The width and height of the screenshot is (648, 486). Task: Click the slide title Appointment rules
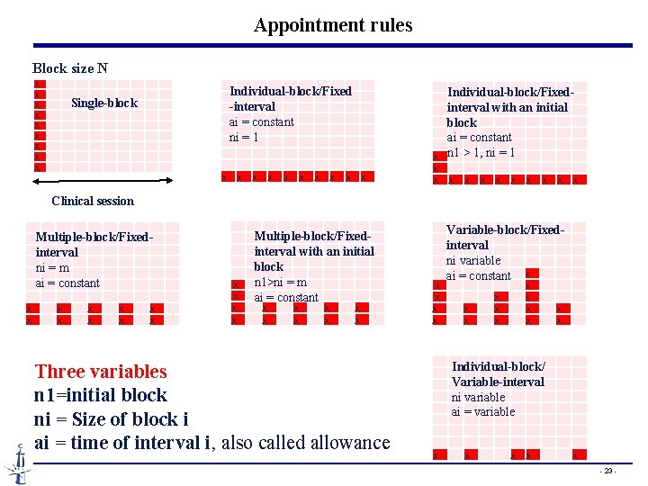[333, 25]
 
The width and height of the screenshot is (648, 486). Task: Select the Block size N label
[70, 68]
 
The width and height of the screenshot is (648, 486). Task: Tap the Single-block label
[104, 103]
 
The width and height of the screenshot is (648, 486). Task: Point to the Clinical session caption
[93, 201]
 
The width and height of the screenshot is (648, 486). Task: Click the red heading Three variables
[101, 371]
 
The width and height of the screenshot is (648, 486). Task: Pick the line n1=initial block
[101, 394]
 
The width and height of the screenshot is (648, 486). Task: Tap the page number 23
[608, 471]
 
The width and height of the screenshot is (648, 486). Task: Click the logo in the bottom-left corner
[17, 464]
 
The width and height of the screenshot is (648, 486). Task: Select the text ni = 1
[244, 138]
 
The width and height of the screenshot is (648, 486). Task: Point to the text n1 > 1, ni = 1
[481, 153]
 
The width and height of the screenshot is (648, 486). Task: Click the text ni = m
[53, 267]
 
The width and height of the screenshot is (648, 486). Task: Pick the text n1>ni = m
[281, 282]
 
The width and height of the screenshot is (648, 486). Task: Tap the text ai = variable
[483, 411]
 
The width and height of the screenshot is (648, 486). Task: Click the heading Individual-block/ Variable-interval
[498, 373]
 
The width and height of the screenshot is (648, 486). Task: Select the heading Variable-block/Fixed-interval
[504, 237]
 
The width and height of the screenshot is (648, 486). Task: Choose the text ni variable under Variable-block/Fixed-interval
[473, 260]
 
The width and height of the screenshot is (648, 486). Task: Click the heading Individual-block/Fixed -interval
[290, 98]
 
